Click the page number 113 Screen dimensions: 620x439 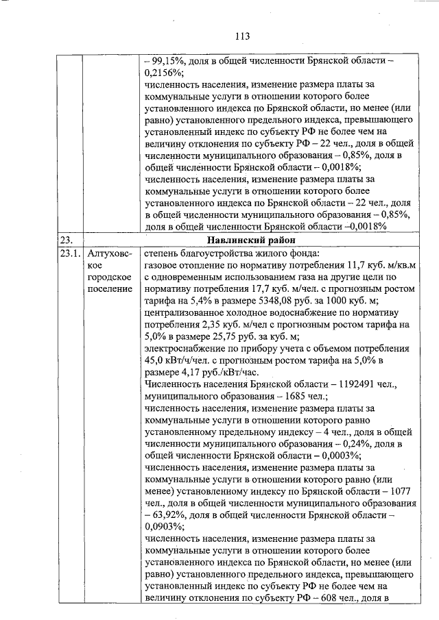(x=241, y=36)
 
